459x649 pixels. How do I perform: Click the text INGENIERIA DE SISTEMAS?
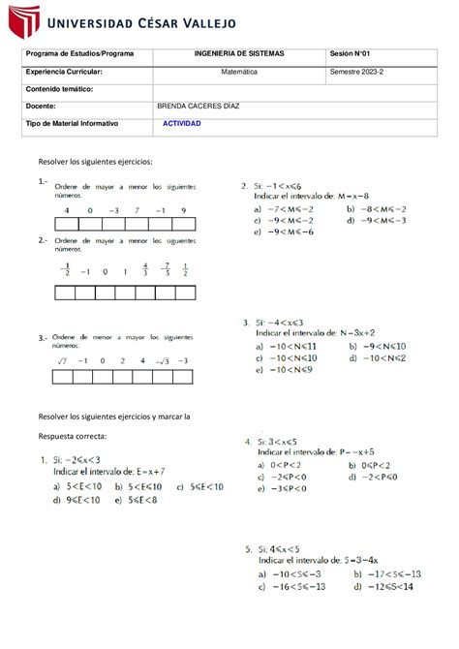pos(236,53)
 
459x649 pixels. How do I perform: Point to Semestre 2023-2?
pos(357,72)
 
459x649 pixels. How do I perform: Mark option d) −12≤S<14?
pos(381,586)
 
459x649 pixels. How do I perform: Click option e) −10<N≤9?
pos(285,369)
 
